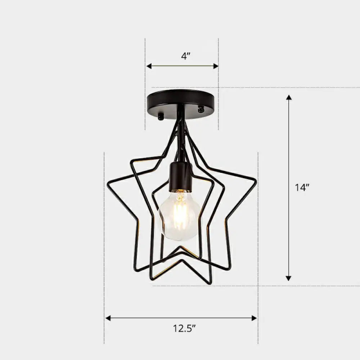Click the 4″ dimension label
point(185,57)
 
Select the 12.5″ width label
point(184,328)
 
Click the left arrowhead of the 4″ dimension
point(149,66)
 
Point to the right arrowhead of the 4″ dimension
point(216,66)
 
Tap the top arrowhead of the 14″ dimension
point(288,98)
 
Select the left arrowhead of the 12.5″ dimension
point(108,318)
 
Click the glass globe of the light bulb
point(179,216)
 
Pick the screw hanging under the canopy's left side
point(161,116)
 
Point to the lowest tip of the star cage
point(210,283)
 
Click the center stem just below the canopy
point(182,117)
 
